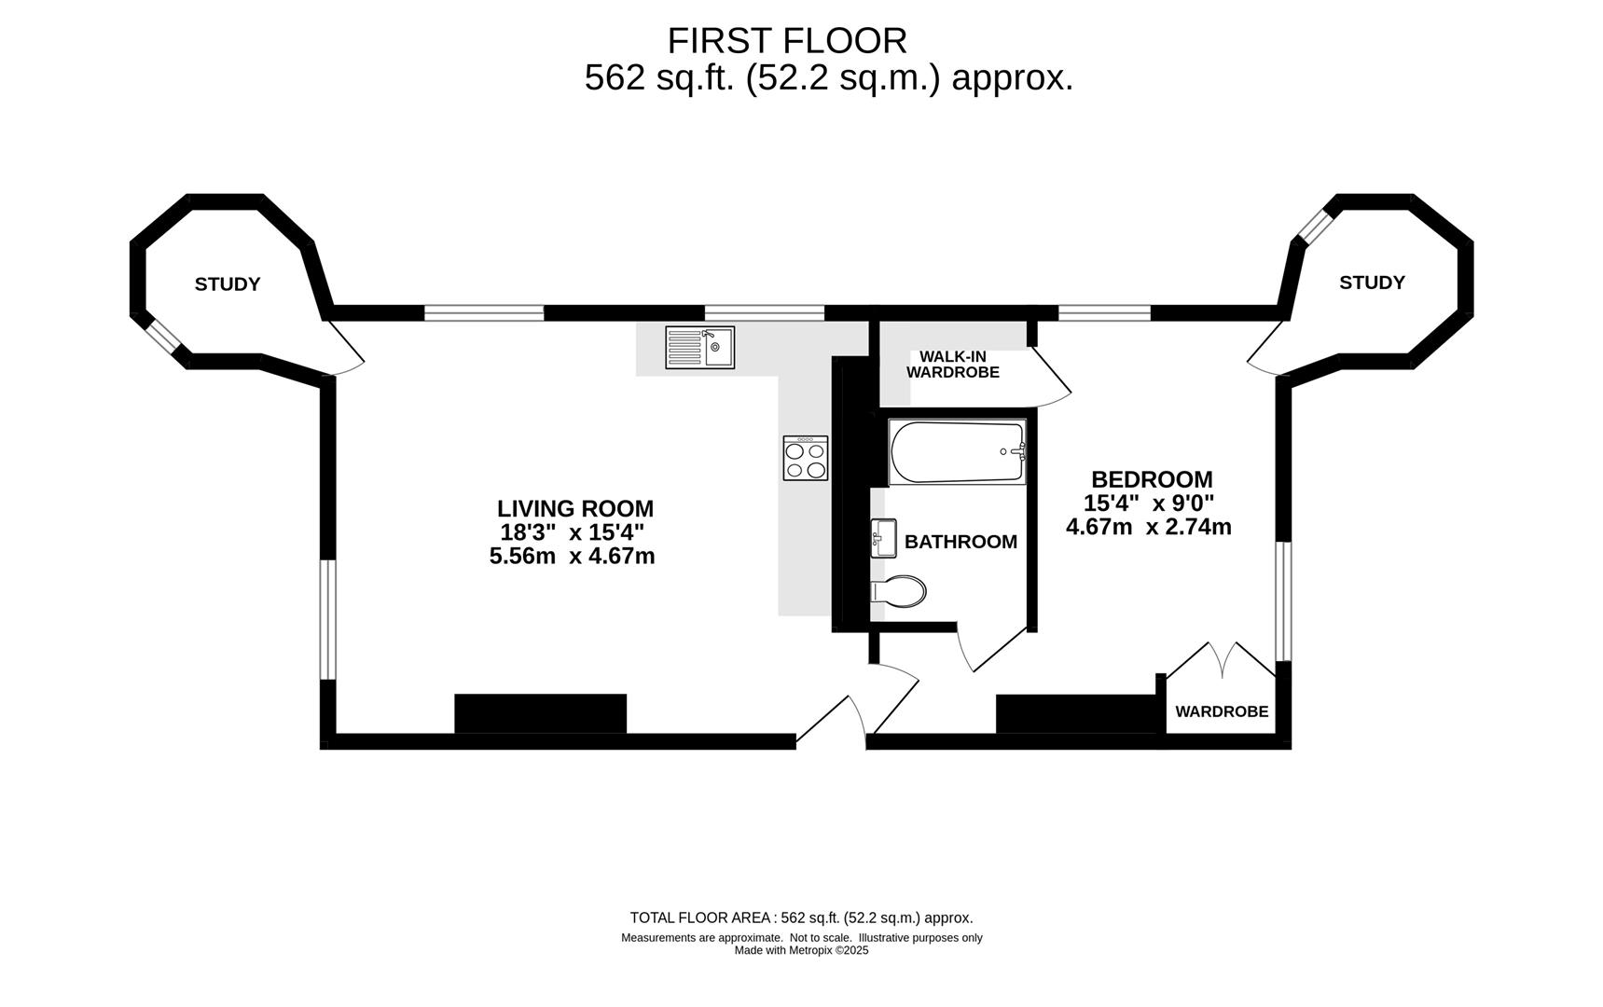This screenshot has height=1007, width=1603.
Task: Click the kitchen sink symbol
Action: click(x=699, y=347)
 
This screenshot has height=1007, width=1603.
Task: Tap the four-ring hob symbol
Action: click(x=806, y=458)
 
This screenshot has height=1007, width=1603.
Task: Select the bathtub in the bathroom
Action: click(x=958, y=451)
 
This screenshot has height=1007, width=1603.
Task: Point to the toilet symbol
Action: click(x=898, y=592)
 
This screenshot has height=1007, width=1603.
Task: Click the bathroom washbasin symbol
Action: click(x=883, y=538)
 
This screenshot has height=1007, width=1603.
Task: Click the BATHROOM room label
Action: click(x=960, y=542)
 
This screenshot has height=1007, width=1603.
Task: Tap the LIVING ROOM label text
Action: click(x=575, y=509)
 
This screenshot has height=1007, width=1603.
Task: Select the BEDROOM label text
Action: click(x=1152, y=479)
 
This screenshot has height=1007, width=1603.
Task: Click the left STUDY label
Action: click(x=228, y=284)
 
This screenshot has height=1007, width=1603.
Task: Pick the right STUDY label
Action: click(x=1372, y=283)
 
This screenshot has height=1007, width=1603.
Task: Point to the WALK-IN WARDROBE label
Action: click(x=953, y=365)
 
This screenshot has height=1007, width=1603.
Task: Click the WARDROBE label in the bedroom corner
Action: click(x=1222, y=711)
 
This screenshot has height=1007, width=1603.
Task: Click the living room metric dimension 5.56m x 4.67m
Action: click(x=572, y=557)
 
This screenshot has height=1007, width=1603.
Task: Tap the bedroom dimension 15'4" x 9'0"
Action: click(x=1149, y=504)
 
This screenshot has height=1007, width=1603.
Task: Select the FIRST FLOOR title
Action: click(x=787, y=41)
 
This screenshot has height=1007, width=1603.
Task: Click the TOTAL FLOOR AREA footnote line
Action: click(x=801, y=917)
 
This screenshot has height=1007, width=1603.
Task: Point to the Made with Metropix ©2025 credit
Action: click(x=801, y=951)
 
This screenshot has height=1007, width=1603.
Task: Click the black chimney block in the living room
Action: click(x=541, y=713)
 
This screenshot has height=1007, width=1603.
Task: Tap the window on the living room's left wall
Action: click(x=328, y=619)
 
